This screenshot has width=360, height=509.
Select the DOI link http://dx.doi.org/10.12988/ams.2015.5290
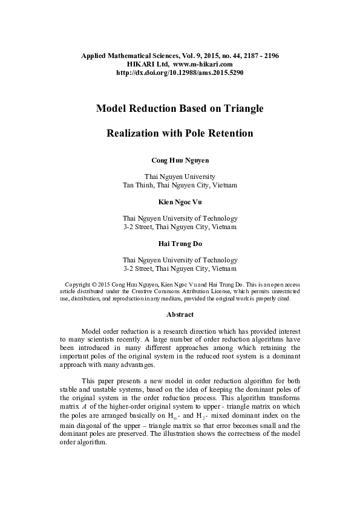pyautogui.click(x=180, y=73)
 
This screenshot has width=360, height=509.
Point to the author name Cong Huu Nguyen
pyautogui.click(x=180, y=161)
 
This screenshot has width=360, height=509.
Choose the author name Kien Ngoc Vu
pyautogui.click(x=180, y=202)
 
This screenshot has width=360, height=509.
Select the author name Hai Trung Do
pyautogui.click(x=180, y=244)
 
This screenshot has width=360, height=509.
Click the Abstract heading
pyautogui.click(x=180, y=315)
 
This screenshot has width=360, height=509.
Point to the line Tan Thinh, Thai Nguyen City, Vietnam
pyautogui.click(x=180, y=185)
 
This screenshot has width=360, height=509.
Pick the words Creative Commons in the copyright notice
pyautogui.click(x=166, y=291)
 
